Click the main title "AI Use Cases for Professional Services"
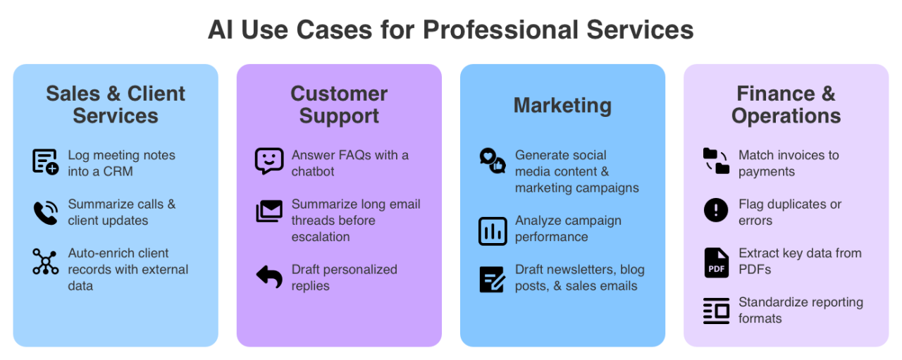(450, 30)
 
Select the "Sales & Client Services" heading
(116, 104)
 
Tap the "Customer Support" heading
(339, 104)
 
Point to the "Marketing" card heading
(562, 105)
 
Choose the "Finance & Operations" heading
(786, 104)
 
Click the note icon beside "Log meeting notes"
(46, 161)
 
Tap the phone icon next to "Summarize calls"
(46, 213)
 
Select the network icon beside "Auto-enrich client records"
(46, 261)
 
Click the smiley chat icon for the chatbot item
(269, 161)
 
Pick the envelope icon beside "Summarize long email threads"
(269, 211)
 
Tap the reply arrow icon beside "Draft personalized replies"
(269, 277)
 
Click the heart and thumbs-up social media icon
(493, 161)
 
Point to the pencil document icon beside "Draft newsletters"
(493, 280)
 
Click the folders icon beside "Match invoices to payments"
(716, 161)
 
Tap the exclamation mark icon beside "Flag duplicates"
(716, 211)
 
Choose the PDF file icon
(716, 262)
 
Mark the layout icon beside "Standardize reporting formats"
(716, 311)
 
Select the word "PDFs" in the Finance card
(755, 269)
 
